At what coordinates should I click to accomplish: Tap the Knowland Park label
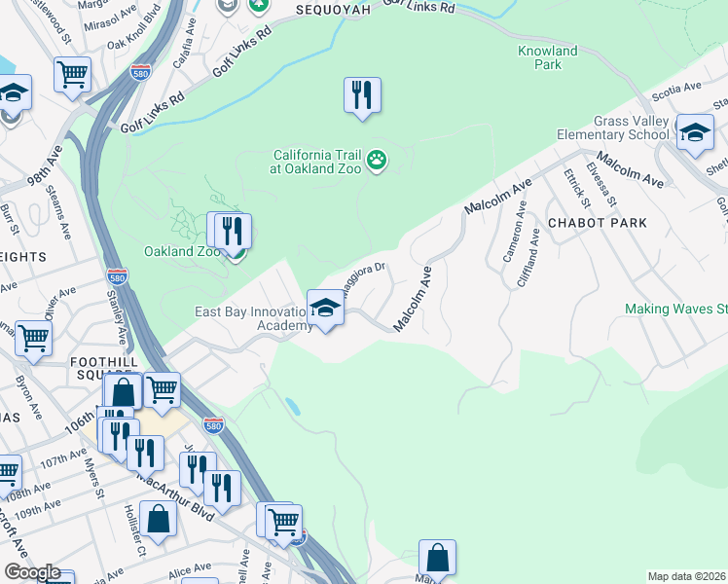(547, 57)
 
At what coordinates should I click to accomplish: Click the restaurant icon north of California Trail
(362, 94)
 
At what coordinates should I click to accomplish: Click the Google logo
(31, 573)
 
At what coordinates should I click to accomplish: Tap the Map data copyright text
(687, 576)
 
